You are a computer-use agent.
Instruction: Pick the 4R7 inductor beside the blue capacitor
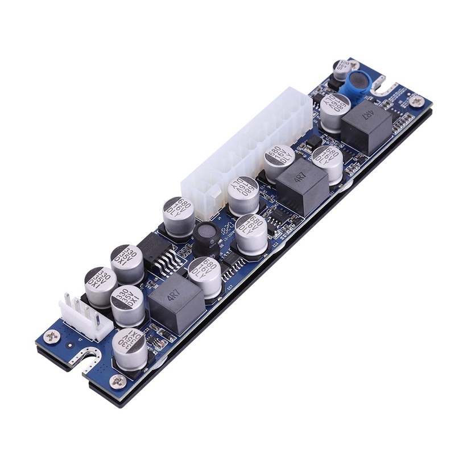(366, 126)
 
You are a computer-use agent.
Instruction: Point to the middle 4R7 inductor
(302, 185)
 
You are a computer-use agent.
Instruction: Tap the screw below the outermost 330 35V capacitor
(118, 381)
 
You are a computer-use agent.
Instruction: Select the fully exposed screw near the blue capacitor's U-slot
(417, 101)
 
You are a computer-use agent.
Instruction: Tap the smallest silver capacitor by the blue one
(342, 69)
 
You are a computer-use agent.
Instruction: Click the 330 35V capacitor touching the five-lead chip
(127, 263)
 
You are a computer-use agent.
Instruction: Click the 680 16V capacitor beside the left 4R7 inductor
(204, 276)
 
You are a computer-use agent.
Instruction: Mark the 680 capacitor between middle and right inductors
(327, 163)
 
